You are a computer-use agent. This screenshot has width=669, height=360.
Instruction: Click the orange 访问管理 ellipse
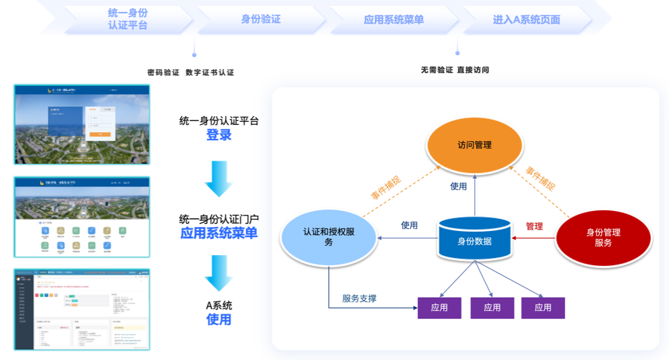474,145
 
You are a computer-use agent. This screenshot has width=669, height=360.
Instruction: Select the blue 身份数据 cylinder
474,240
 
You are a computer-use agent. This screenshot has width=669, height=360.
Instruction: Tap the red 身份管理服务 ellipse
603,236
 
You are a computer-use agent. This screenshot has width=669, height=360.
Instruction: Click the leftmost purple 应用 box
439,308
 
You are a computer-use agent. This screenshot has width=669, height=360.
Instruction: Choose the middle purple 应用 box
492,308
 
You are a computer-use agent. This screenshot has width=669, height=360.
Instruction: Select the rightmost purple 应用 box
543,308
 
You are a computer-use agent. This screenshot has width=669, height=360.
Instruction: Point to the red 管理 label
534,226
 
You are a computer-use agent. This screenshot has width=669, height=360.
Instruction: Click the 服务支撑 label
359,298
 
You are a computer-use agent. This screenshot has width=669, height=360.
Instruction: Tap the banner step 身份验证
261,19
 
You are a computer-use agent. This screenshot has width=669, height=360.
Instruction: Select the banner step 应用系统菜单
394,19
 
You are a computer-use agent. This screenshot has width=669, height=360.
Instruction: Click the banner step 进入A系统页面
527,19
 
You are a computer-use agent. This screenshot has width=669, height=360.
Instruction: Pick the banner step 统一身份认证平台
128,19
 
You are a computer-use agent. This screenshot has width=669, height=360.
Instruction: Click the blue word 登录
219,135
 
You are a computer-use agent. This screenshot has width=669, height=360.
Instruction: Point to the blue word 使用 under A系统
219,320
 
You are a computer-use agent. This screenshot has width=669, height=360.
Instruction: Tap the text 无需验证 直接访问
455,70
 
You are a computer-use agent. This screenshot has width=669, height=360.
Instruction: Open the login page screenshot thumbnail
82,125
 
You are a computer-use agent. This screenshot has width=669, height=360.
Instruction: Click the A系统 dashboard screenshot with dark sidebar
82,309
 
